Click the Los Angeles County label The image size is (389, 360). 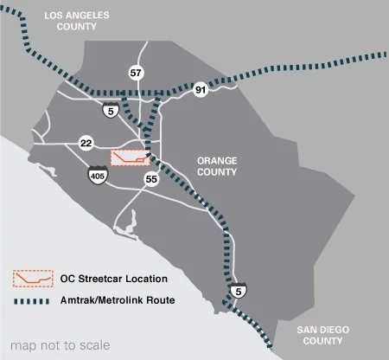(80, 18)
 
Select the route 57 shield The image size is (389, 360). (136, 72)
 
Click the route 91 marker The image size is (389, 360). (201, 88)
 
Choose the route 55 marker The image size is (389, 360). (152, 179)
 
